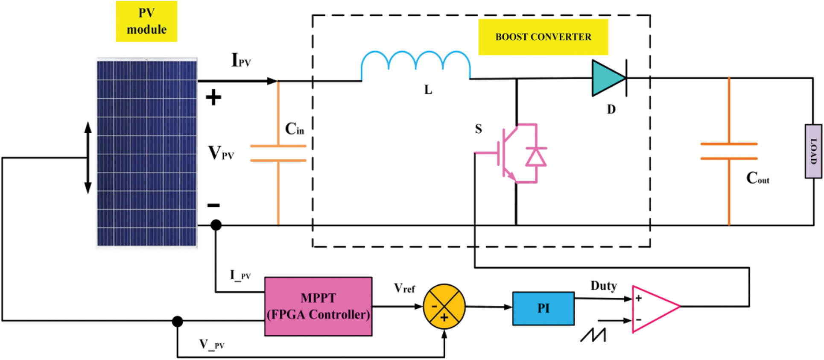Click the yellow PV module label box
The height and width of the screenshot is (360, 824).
(146, 21)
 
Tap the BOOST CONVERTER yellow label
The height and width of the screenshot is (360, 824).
(543, 37)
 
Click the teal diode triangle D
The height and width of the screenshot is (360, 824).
(608, 78)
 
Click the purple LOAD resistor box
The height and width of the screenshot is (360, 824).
(813, 151)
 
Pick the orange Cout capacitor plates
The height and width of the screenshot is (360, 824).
(729, 151)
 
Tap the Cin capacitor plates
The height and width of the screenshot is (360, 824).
(278, 153)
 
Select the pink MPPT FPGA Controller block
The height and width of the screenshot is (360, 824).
(318, 306)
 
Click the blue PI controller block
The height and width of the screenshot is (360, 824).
(543, 308)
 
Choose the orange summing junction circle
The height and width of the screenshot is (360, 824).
(444, 307)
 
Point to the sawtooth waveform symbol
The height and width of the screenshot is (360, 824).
(593, 335)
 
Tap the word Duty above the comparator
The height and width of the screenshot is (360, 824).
(603, 286)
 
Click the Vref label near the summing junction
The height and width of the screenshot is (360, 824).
(404, 288)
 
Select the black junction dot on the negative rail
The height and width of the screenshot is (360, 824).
(216, 225)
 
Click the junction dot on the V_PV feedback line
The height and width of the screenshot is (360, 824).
(178, 321)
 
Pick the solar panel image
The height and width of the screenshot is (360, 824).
(147, 153)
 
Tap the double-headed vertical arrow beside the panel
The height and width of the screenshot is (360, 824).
(88, 158)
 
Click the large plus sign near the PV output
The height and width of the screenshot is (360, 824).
(213, 98)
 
